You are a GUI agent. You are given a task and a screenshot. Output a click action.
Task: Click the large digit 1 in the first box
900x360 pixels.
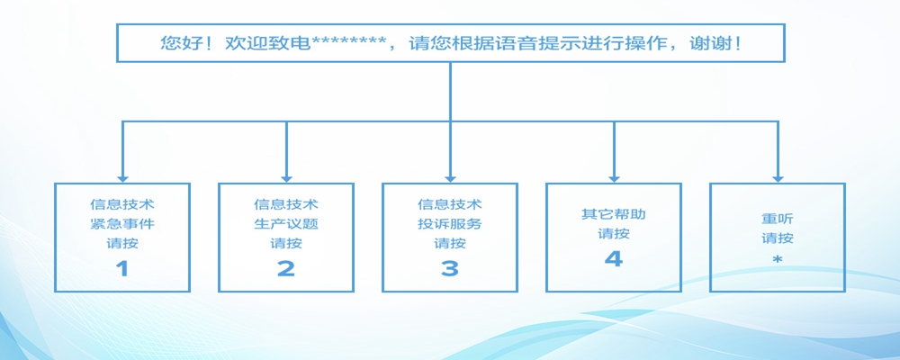tap(122, 268)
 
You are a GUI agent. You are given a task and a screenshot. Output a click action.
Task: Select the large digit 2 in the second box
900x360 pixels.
tap(286, 268)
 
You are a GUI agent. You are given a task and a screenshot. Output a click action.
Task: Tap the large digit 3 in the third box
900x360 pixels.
tap(450, 268)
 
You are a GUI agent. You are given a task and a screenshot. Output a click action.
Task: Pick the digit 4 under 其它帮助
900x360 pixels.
tap(614, 259)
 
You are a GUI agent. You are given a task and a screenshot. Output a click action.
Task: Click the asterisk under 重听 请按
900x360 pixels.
tap(778, 260)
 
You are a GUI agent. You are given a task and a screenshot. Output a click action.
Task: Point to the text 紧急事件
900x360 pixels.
tap(122, 224)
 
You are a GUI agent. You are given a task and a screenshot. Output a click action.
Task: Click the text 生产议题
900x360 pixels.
tap(286, 224)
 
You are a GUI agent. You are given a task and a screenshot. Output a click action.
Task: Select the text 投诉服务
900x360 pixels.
tap(450, 224)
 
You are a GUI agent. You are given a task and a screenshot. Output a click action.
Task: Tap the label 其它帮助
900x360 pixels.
tap(614, 215)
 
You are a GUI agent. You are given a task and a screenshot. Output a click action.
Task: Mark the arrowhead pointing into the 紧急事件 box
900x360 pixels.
tap(122, 177)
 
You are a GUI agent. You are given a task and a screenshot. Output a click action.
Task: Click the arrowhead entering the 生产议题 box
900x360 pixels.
tap(286, 177)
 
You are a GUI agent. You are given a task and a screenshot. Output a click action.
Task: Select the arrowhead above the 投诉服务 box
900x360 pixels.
tap(450, 177)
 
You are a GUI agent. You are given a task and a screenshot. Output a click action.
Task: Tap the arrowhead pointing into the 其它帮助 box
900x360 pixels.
tap(614, 177)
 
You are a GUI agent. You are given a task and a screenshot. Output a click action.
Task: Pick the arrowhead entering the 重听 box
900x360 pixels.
tap(778, 177)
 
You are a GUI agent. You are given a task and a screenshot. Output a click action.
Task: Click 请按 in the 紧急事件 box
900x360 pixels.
tap(122, 243)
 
